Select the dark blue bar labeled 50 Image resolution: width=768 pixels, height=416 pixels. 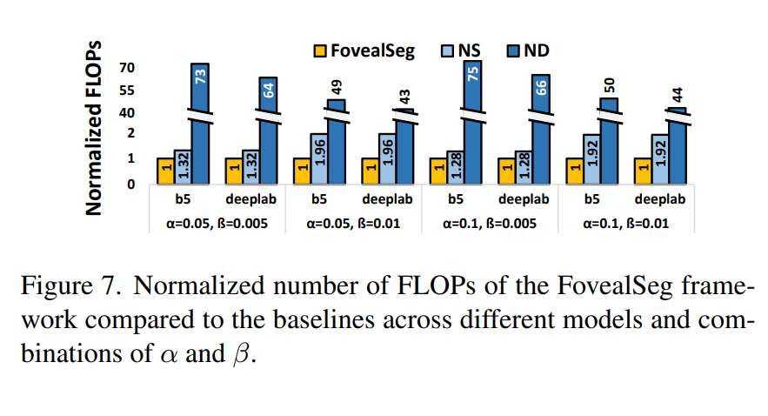tap(608, 139)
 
